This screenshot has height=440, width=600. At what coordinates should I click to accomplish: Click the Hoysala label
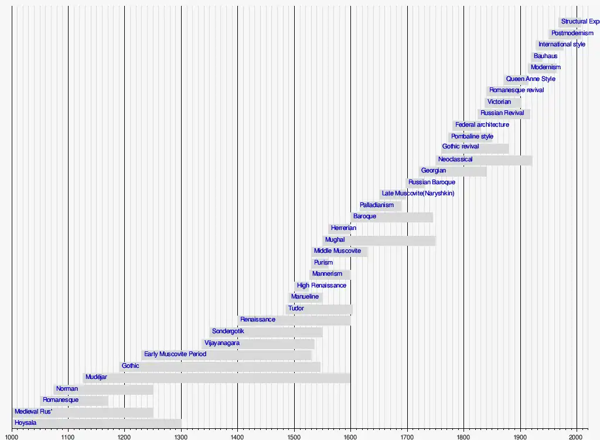coord(25,423)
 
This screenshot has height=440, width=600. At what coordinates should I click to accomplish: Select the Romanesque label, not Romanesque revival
coord(60,400)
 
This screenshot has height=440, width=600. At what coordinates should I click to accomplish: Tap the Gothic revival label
coord(461,147)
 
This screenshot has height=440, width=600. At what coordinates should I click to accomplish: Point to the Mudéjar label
coord(96,377)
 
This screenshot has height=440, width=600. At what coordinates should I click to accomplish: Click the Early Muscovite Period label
coord(175,354)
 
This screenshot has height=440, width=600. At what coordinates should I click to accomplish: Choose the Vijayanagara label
coord(221,343)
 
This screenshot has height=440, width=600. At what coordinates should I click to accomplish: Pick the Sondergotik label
coord(228,331)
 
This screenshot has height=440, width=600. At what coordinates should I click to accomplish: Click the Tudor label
coord(296,309)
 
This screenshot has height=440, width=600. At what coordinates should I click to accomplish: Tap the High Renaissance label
coord(322,286)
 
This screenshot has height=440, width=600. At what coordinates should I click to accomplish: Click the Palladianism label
coord(377,205)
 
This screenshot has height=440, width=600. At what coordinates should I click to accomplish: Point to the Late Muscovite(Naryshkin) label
coord(418,194)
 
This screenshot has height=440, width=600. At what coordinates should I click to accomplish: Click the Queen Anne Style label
coord(531,79)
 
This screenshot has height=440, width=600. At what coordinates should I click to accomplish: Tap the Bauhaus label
coord(546,56)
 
